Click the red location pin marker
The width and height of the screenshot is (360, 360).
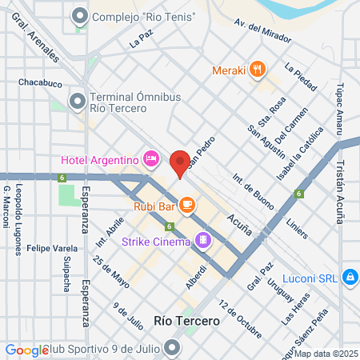pyautogui.click(x=180, y=163)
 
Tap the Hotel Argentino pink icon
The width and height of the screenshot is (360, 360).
pyautogui.click(x=150, y=160)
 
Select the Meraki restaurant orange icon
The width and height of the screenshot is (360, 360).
pyautogui.click(x=257, y=70)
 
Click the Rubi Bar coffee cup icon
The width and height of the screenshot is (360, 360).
pyautogui.click(x=186, y=206)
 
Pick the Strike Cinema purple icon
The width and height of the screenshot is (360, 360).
pyautogui.click(x=205, y=239)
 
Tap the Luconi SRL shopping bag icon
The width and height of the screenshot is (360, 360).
pyautogui.click(x=350, y=277)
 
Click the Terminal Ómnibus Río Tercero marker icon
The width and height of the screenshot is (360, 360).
pyautogui.click(x=78, y=101)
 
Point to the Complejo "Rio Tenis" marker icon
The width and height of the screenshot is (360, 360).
pyautogui.click(x=80, y=16)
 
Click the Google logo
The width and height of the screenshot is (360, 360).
pyautogui.click(x=26, y=350)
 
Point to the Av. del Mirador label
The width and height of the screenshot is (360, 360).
pyautogui.click(x=260, y=30)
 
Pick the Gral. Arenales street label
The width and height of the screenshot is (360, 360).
pyautogui.click(x=42, y=41)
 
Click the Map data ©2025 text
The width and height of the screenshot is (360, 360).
pyautogui.click(x=330, y=353)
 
